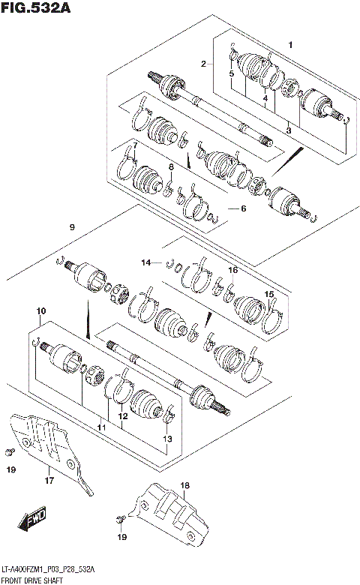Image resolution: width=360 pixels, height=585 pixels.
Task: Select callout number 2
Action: coord(202,64)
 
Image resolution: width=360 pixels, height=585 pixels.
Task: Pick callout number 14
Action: coord(147,262)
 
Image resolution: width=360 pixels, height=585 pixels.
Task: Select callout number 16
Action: coord(233,269)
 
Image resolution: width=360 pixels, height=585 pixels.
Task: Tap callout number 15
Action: coord(268,293)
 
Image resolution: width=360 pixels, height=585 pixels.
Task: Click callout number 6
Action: coord(242,208)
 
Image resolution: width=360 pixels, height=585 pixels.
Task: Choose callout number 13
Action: coord(167,439)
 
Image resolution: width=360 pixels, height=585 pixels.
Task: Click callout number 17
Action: coord(49,480)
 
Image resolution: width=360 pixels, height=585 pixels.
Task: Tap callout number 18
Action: coord(184,486)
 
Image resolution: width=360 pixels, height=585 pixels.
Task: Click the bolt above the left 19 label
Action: coord(9,450)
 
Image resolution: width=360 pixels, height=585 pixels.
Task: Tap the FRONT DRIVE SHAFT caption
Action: coord(31,580)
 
